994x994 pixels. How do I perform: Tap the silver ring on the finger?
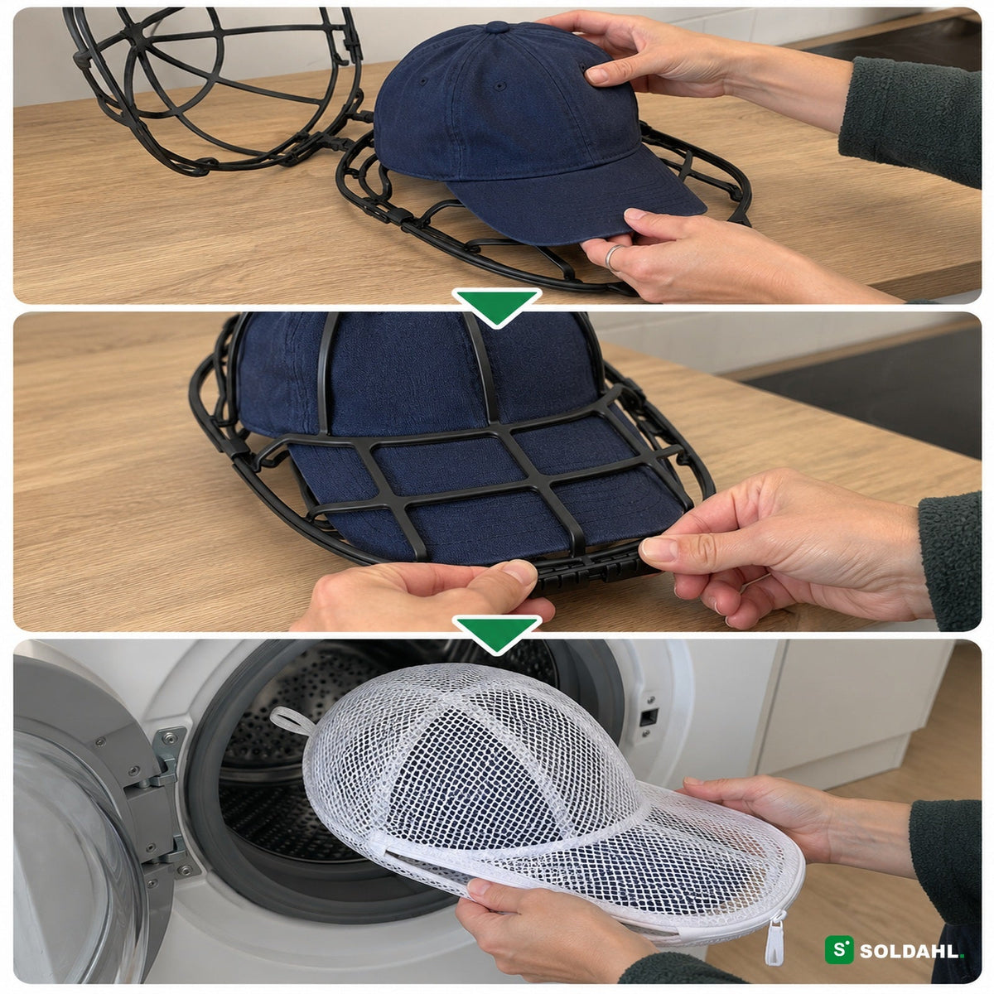612,257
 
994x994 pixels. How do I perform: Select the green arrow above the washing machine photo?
496,634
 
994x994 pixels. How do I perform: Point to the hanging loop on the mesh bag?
291,718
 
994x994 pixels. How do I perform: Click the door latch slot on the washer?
649,716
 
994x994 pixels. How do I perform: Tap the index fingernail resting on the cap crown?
597,76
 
